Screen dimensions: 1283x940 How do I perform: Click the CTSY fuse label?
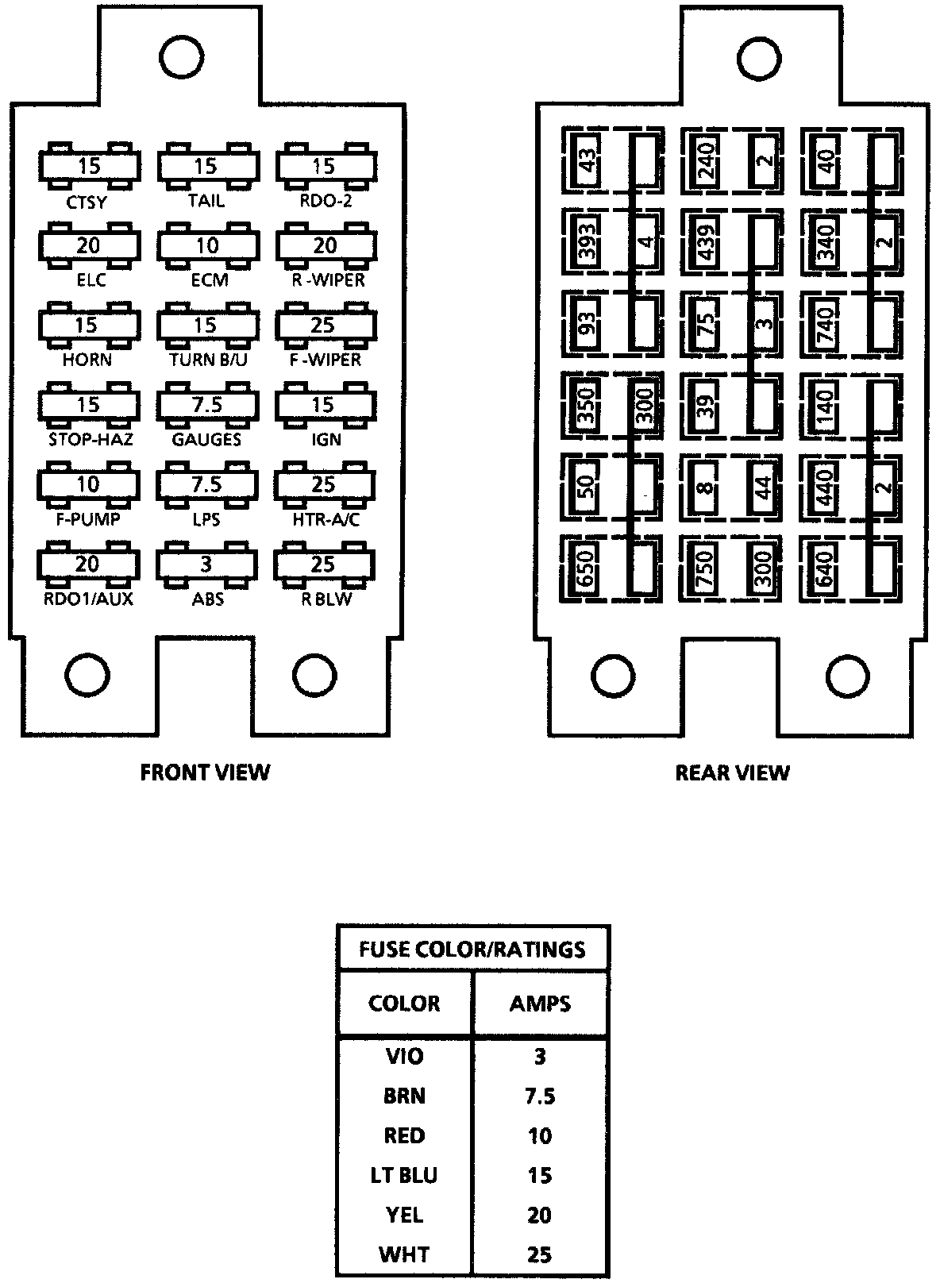point(87,202)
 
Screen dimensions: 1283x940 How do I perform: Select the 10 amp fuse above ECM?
point(206,245)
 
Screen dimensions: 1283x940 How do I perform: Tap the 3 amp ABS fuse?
point(206,564)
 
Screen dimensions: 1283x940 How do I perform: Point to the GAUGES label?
point(206,439)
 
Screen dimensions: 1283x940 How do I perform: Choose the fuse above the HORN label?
point(88,325)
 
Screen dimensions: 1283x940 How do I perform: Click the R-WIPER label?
point(327,280)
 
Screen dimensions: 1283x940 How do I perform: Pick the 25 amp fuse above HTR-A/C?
point(324,484)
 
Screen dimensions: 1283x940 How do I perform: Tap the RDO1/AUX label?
point(88,599)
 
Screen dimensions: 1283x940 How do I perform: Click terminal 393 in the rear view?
point(588,243)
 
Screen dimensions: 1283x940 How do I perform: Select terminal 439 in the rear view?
point(705,243)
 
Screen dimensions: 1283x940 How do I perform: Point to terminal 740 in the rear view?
point(824,325)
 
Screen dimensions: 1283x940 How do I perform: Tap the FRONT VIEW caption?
point(205,772)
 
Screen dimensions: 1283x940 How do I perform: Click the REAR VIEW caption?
point(732,772)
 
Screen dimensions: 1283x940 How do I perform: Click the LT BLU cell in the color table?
point(404,1175)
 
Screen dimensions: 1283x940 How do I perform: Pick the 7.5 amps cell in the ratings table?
point(540,1096)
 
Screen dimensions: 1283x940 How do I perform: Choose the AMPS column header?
point(540,1004)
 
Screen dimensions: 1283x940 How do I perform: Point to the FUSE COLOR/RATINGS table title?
point(472,949)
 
